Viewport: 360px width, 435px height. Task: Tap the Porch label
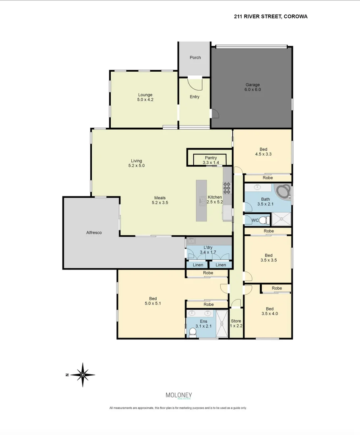195,58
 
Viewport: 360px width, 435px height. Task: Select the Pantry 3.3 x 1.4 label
211,160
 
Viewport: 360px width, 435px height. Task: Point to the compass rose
83,375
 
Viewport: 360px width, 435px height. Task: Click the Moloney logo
179,396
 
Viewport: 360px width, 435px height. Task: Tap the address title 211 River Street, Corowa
271,17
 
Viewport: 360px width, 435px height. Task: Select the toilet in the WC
264,220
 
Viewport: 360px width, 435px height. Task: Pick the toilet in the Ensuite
192,331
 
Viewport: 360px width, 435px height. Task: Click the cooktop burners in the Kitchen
227,188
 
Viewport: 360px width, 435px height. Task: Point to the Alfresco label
94,233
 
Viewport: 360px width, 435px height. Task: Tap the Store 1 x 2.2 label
236,323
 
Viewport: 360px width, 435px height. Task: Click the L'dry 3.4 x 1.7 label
208,250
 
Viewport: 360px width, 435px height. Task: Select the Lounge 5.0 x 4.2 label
145,97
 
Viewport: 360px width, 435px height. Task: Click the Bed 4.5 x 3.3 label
263,151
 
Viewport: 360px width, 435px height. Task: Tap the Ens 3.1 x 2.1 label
204,323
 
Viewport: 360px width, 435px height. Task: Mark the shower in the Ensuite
221,323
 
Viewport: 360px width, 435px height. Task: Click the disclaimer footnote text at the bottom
178,408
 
